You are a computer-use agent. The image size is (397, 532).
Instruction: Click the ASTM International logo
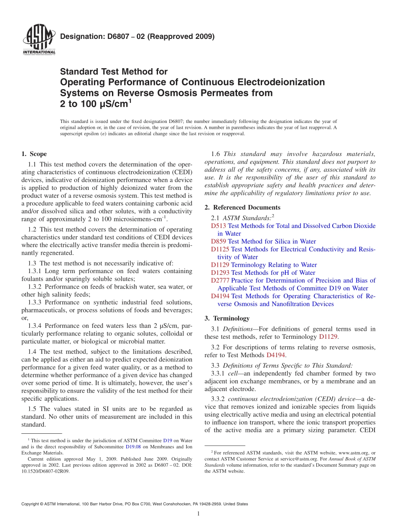[38, 39]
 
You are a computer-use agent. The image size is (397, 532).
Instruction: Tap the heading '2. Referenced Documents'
[242, 207]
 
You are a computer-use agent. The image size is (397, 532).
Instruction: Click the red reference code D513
[219, 226]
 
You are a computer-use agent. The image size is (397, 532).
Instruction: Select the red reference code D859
[219, 241]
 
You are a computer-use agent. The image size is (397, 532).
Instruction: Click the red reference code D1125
[220, 249]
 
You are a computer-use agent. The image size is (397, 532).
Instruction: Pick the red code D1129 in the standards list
[220, 265]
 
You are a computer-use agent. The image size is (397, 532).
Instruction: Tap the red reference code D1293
[220, 273]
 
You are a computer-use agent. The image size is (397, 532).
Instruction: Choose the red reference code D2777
[220, 280]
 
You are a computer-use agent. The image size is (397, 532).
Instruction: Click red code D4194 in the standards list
[220, 296]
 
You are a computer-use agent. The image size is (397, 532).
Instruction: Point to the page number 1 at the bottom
[198, 514]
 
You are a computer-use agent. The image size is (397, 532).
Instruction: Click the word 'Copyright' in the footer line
[31, 504]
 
